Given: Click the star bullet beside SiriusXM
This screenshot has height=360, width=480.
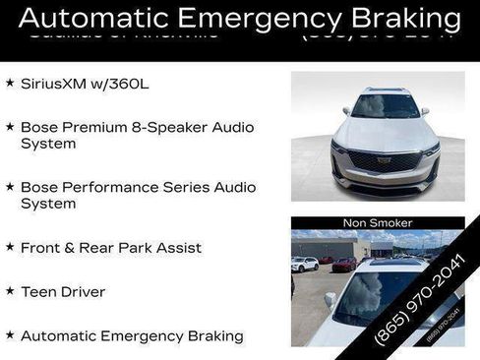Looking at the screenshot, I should (x=10, y=84).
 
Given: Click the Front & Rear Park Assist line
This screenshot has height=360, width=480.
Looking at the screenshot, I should (x=111, y=248).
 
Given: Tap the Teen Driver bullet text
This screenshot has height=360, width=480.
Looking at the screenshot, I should (x=63, y=292).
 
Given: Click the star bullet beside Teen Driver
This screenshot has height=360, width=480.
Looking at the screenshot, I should (x=10, y=291).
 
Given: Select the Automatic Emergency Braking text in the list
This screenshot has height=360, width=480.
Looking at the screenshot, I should (x=132, y=335).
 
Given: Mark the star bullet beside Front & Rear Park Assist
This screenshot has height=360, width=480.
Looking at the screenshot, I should (x=10, y=247).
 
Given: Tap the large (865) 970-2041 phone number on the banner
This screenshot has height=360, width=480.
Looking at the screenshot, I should (x=421, y=297).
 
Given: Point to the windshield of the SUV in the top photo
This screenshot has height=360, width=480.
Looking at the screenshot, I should (x=385, y=106).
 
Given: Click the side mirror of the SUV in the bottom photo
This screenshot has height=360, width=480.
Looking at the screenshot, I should (x=330, y=301).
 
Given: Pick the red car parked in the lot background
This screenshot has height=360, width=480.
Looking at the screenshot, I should (x=343, y=265).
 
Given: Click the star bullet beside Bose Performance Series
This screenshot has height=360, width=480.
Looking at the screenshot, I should (x=10, y=186).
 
